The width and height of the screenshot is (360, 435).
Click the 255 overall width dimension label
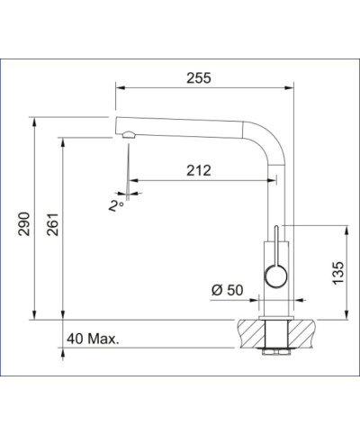pos(199,78)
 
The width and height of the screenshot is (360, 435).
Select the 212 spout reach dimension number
pos(199,169)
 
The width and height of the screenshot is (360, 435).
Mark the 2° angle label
pos(114,205)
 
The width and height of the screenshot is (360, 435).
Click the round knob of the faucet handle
pos(274,275)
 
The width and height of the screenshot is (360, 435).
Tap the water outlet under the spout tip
pos(128,137)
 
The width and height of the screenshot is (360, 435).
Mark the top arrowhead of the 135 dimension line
pos(344,226)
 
